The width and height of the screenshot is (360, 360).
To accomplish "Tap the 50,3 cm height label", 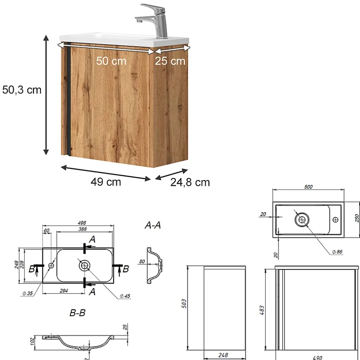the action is [x=22, y=90].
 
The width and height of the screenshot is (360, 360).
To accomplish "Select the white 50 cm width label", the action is [x=111, y=61].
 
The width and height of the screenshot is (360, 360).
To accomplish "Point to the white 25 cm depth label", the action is [x=170, y=61].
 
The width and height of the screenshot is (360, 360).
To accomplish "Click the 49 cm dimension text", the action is [x=106, y=182].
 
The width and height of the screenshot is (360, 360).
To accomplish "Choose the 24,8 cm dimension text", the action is [x=190, y=182].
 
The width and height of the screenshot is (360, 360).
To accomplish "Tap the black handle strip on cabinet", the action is [x=69, y=99].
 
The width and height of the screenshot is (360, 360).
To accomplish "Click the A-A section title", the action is [x=153, y=225].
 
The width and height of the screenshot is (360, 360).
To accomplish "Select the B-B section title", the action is [x=77, y=313].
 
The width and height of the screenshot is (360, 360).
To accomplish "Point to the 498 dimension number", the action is [x=82, y=223].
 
